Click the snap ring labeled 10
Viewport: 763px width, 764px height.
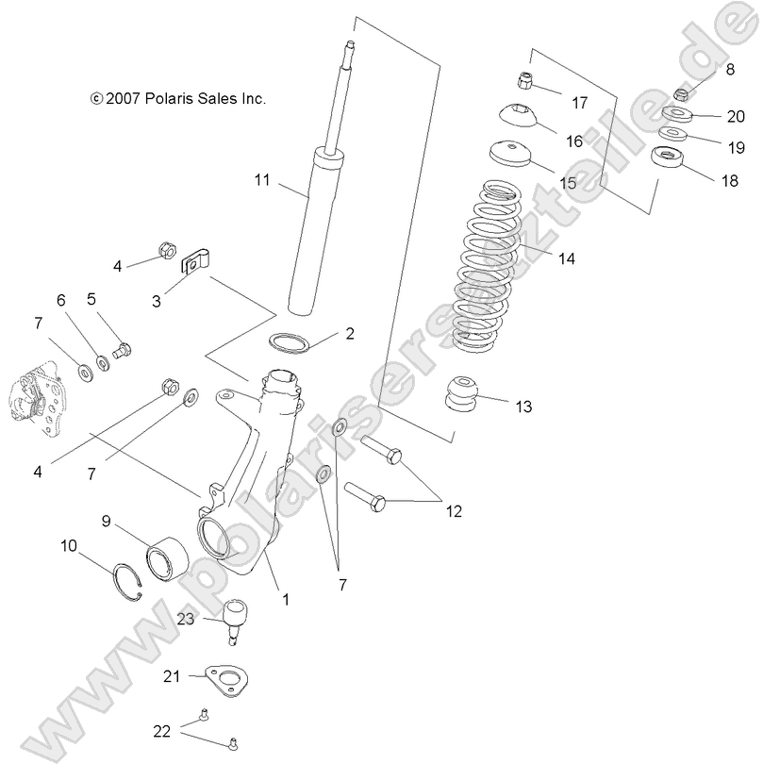(133, 586)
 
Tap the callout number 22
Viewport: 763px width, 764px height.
(163, 731)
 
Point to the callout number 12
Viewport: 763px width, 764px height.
(454, 511)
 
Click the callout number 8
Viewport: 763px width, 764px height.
(729, 69)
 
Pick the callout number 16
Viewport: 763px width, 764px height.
(574, 141)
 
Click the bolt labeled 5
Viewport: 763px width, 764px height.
(122, 351)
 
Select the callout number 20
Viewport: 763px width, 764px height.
(736, 117)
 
